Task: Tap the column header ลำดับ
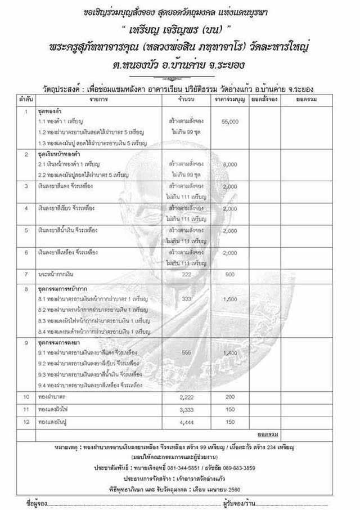tap(26, 99)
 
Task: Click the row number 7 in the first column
tap(26, 274)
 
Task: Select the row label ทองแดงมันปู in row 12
tap(52, 422)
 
